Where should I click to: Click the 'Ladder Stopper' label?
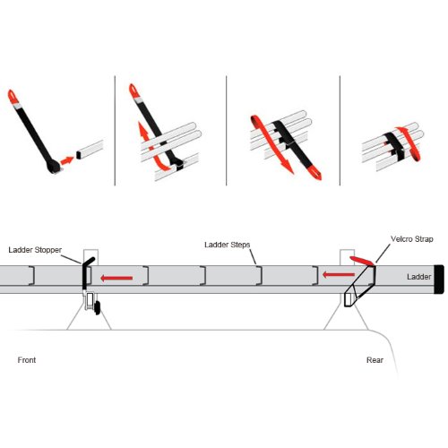[x=35, y=250]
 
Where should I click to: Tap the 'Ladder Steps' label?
[x=228, y=245]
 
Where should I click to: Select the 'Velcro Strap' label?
[x=412, y=239]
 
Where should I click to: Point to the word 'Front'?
[x=27, y=360]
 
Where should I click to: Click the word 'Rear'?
[x=375, y=360]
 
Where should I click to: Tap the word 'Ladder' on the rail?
[x=418, y=277]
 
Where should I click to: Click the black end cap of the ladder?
[x=439, y=280]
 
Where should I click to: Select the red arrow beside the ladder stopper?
[x=116, y=279]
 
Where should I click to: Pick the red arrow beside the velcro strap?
[x=339, y=274]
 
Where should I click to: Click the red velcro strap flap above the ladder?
[x=361, y=261]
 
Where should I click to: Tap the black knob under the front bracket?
[x=97, y=307]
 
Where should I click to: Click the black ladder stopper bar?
[x=85, y=274]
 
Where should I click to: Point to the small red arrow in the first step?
[x=67, y=160]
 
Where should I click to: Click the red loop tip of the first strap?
[x=12, y=96]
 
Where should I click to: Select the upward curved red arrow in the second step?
[x=150, y=146]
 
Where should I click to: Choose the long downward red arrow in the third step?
[x=271, y=143]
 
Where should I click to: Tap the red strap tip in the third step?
[x=314, y=173]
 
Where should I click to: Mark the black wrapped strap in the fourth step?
[x=395, y=146]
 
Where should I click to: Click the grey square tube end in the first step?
[x=78, y=155]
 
